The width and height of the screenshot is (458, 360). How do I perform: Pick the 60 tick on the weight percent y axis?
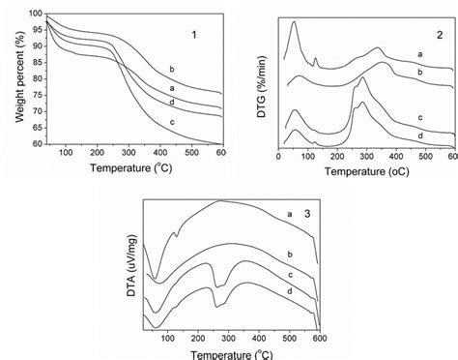[37, 144]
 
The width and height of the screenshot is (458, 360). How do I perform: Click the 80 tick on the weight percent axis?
[37, 79]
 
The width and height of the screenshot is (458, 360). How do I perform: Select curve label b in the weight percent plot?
[171, 69]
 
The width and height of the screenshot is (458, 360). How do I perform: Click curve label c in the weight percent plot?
[170, 121]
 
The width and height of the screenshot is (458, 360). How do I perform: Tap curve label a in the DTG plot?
[419, 54]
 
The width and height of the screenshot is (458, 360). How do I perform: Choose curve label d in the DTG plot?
[419, 136]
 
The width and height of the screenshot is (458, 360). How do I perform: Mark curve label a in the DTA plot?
[289, 213]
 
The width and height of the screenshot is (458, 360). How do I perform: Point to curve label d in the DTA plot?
[289, 291]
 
